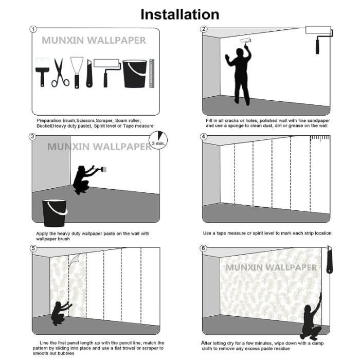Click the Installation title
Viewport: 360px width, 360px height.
click(180, 14)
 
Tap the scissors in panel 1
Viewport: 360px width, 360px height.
click(60, 73)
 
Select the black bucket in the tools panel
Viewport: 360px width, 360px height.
click(135, 74)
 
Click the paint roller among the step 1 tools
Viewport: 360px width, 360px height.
click(107, 73)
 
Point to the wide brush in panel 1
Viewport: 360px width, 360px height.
click(43, 72)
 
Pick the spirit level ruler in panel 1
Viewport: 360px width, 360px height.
click(152, 74)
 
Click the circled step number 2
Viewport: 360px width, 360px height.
click(204, 29)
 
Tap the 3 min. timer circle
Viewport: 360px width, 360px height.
click(158, 140)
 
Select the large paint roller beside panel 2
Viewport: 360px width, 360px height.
click(319, 40)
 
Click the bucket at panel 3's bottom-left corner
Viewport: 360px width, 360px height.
click(55, 213)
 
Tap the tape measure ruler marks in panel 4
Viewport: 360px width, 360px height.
click(320, 138)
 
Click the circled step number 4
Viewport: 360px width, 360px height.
click(204, 137)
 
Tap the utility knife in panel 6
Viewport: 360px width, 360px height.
click(330, 259)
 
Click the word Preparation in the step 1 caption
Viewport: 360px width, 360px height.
click(49, 120)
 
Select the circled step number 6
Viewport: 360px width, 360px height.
click(204, 248)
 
